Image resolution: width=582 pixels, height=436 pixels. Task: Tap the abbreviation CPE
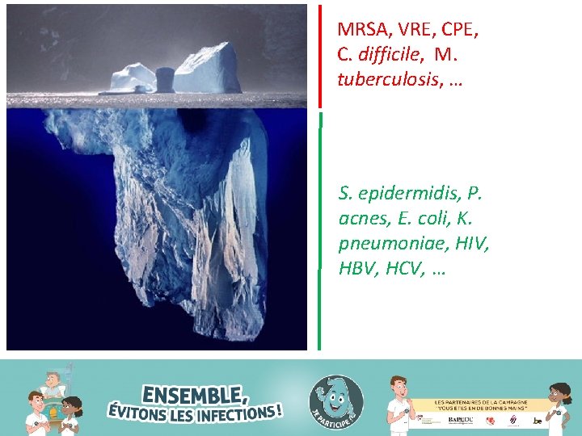[459, 31]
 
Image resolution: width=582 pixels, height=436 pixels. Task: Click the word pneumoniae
[387, 242]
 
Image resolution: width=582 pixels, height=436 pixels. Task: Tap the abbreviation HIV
[471, 242]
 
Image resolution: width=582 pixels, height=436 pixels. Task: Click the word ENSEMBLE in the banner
[195, 395]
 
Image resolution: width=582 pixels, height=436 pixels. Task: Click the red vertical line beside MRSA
[320, 57]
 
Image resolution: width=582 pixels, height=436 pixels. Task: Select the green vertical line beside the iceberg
[320, 234]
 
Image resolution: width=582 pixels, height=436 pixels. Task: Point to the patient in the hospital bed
[52, 384]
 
